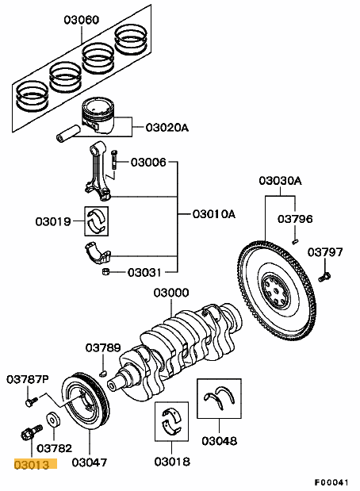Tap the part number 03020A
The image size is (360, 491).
(167, 126)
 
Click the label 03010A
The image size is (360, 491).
(214, 214)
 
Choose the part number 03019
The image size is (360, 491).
(52, 221)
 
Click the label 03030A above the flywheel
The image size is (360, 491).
(280, 181)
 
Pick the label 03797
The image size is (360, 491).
(325, 252)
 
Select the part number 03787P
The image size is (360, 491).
(28, 380)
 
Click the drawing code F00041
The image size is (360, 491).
(331, 481)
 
